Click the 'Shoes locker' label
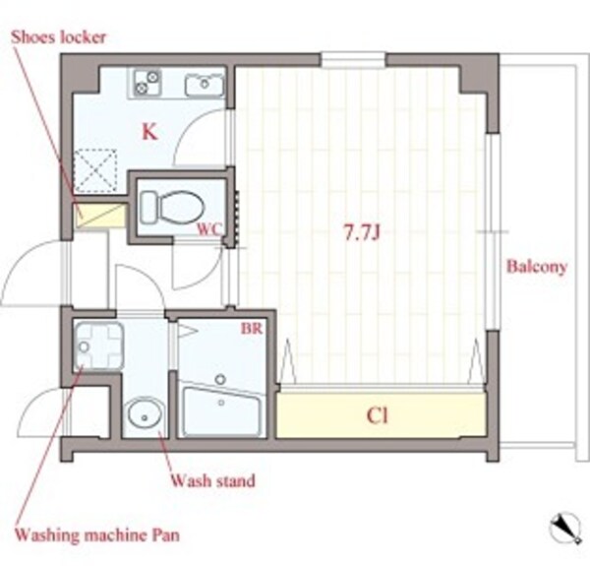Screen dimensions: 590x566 58,37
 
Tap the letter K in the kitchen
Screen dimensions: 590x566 149,132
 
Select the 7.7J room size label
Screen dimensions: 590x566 362,232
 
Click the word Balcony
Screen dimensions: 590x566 537,267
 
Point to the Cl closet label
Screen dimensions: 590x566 377,416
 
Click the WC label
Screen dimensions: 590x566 209,229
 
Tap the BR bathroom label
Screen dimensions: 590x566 252,329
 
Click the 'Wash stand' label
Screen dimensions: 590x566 213,481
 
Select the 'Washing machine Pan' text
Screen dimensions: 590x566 97,535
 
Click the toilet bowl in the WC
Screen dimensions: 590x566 173,207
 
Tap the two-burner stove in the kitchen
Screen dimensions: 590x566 147,82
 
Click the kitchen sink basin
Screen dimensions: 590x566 205,85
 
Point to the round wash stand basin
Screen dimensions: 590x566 145,416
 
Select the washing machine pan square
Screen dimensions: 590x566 98,345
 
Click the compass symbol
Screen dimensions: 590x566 565,528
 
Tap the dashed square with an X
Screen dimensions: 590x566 95,170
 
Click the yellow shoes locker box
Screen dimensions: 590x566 99,216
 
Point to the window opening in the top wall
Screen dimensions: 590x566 353,59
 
